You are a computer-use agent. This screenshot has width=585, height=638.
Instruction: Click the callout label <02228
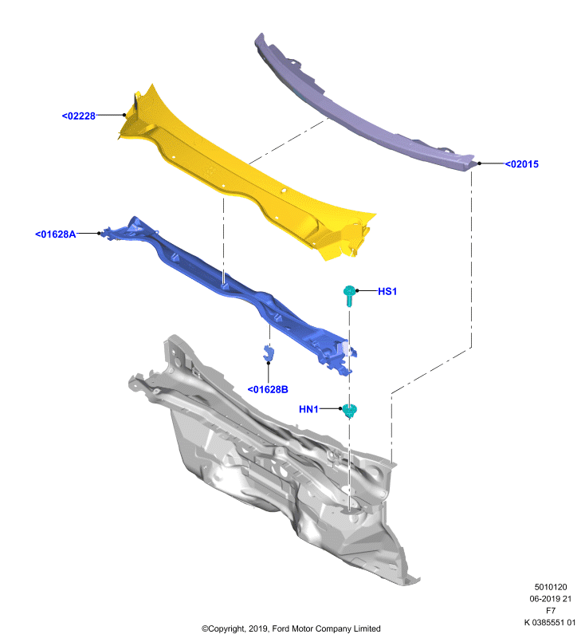78,116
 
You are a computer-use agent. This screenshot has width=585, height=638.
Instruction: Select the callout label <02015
521,164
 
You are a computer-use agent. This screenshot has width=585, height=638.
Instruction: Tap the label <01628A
55,234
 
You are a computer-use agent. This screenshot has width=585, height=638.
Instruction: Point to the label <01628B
268,389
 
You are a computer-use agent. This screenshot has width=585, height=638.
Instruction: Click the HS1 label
387,291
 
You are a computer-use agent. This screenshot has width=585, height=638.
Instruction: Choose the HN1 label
308,409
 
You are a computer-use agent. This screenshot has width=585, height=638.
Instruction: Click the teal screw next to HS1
349,295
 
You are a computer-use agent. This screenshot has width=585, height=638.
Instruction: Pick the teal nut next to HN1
349,411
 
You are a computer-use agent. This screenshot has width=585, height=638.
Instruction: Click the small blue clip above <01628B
268,352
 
